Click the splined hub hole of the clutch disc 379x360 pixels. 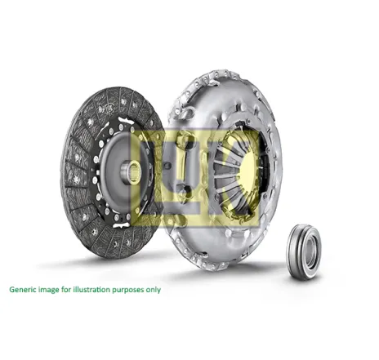(135, 173)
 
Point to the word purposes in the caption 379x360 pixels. (128, 291)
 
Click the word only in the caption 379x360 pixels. (154, 290)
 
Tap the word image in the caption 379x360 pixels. (47, 290)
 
